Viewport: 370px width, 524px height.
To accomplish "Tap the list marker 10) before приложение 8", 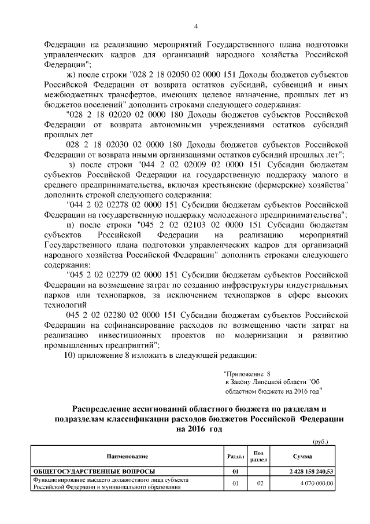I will (x=69, y=355).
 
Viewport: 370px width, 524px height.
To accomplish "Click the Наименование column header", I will (x=123, y=457).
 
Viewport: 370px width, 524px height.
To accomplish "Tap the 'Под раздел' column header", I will (x=258, y=456).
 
